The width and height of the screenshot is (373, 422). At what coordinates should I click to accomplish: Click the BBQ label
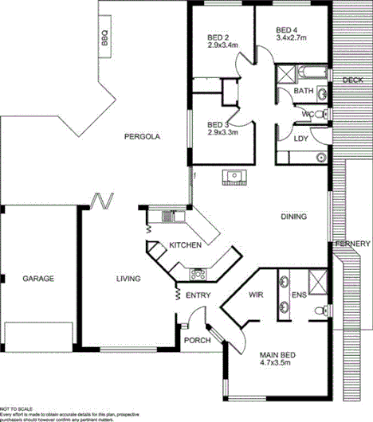(104, 37)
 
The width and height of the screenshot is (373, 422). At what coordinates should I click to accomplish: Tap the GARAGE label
(37, 279)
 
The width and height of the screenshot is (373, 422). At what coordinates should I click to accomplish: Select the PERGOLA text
(143, 137)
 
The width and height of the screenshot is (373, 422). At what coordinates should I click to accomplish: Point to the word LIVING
(128, 279)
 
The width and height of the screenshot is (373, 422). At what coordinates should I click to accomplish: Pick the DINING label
(294, 217)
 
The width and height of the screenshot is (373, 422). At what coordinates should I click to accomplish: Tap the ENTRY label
(198, 295)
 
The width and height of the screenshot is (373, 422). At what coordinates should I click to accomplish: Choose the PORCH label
(197, 340)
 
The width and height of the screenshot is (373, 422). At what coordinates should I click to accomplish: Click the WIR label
(256, 295)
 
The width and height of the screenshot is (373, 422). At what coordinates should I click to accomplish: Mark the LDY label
(300, 139)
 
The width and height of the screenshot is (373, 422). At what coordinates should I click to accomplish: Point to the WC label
(307, 115)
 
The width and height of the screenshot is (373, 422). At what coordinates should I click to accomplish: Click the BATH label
(304, 92)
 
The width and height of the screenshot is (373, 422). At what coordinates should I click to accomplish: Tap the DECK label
(352, 80)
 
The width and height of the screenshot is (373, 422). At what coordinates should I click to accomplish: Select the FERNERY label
(352, 243)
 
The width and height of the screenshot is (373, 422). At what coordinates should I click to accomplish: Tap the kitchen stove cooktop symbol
(197, 275)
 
